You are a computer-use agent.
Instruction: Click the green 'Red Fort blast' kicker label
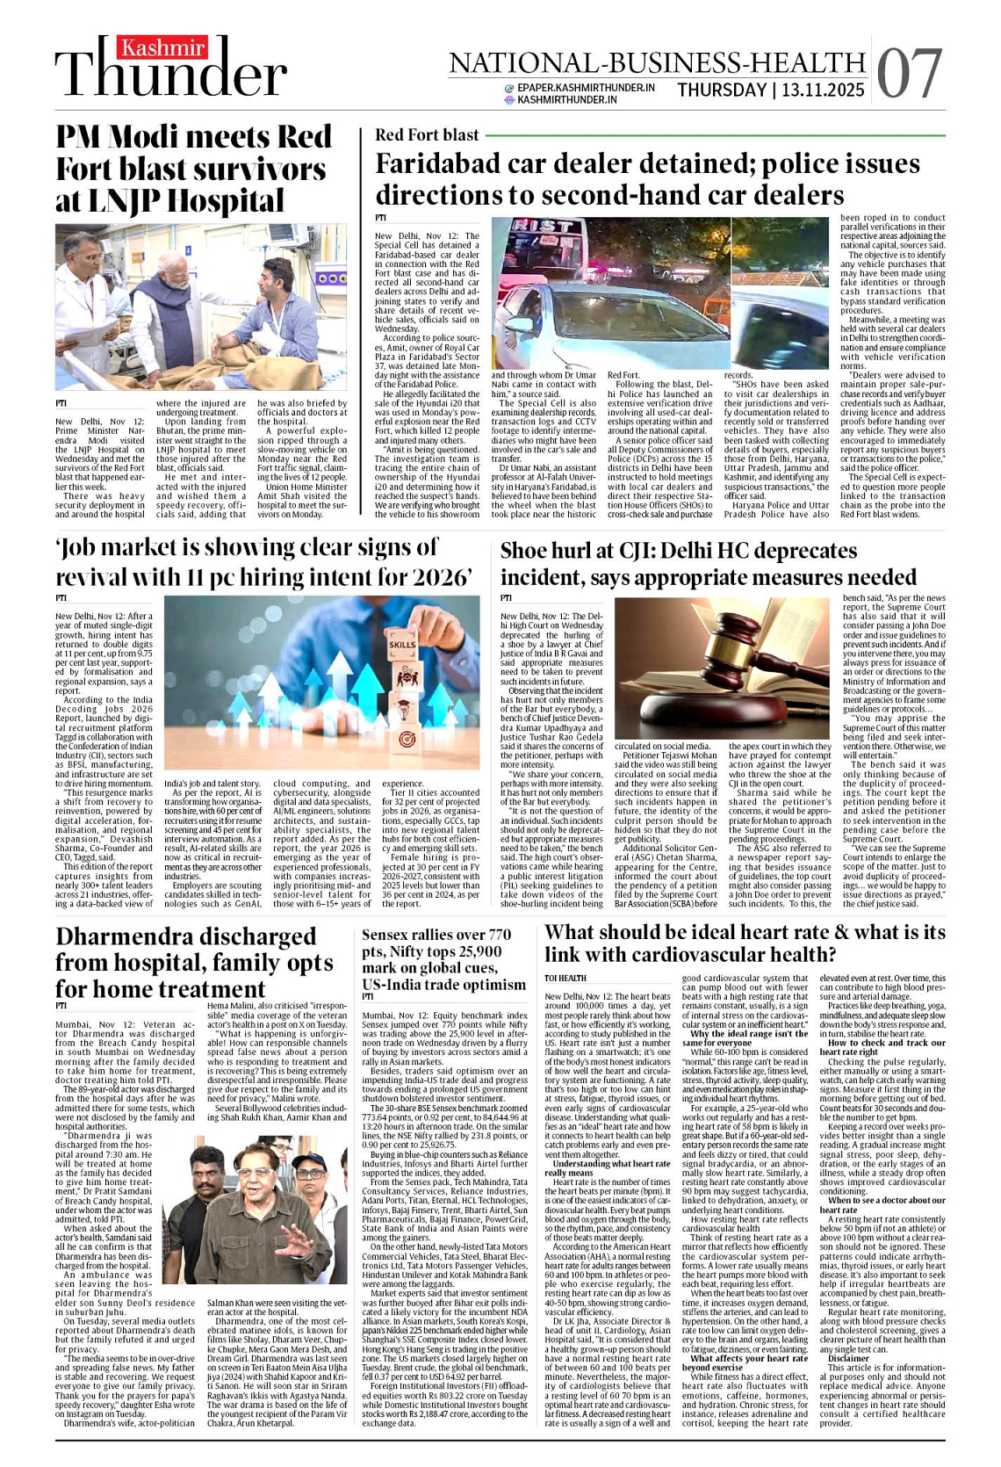click(427, 134)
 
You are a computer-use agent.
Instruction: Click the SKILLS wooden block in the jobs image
click(403, 644)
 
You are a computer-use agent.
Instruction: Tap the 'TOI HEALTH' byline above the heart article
click(565, 978)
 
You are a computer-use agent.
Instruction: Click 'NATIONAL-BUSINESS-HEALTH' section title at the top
click(657, 63)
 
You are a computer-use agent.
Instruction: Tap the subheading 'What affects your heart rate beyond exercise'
click(744, 1362)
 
